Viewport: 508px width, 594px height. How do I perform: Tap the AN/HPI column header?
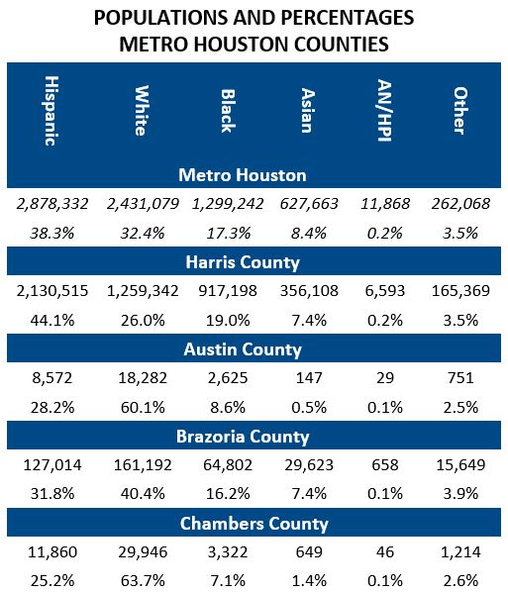tap(379, 110)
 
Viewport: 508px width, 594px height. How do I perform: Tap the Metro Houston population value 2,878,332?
tap(51, 204)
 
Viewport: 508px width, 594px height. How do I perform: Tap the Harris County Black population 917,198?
tap(227, 290)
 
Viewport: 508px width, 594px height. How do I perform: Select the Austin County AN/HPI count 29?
tap(379, 377)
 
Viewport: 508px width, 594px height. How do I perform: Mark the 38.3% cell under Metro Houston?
tap(51, 234)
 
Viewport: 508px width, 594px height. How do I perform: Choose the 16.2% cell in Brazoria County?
tap(227, 494)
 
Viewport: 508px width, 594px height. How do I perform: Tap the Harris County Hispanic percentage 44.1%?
tap(51, 320)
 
